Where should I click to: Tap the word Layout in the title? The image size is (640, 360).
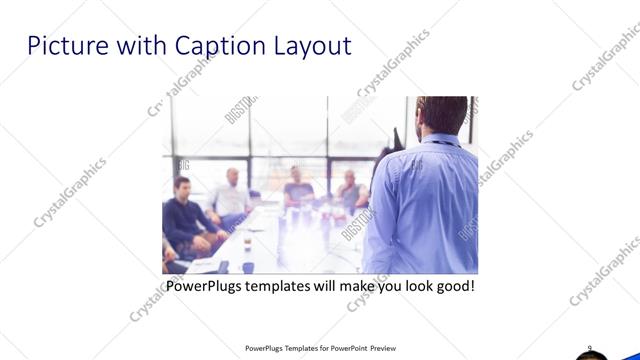pyautogui.click(x=310, y=46)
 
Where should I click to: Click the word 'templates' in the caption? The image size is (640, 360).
pyautogui.click(x=293, y=286)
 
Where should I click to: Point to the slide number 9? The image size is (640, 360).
pyautogui.click(x=590, y=348)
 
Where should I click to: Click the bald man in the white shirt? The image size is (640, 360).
pyautogui.click(x=230, y=196)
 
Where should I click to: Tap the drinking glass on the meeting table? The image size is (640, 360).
pyautogui.click(x=246, y=243)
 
